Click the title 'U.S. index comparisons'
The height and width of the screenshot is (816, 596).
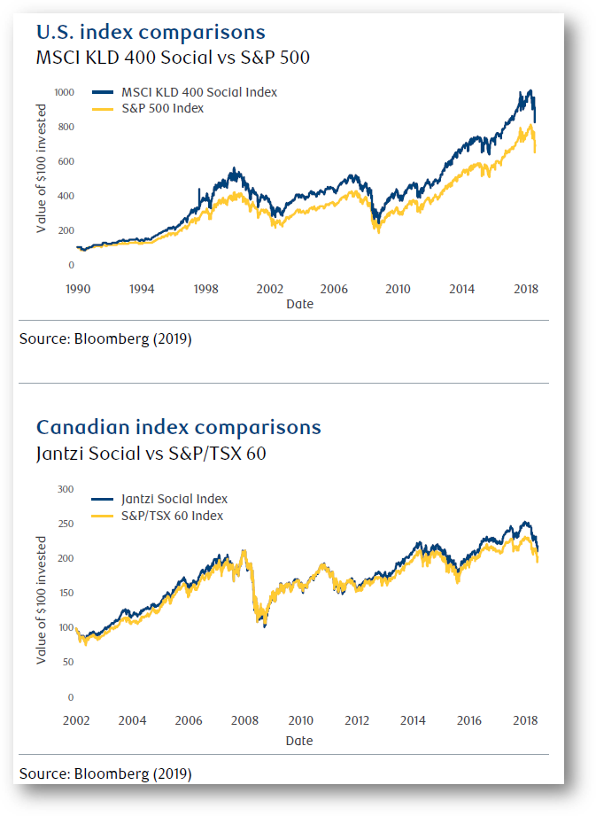tap(150, 33)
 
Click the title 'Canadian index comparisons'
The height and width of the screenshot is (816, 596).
tap(178, 427)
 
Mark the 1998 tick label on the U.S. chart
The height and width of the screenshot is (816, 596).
tap(205, 289)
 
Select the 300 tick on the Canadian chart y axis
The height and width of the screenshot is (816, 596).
tap(66, 489)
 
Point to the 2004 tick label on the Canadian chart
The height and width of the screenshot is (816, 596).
tap(133, 720)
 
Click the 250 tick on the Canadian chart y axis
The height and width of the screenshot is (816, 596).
tap(66, 524)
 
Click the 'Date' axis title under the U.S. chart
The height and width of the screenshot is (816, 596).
tap(299, 304)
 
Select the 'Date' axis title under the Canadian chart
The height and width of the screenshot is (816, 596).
tap(299, 740)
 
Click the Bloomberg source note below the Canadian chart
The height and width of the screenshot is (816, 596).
tap(105, 773)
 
